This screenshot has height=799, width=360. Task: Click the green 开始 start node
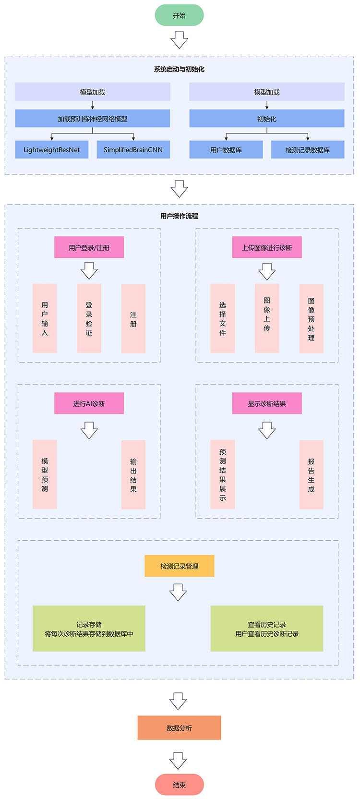point(179,15)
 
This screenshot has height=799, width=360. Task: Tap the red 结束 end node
point(179,785)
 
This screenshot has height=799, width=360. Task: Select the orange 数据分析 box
point(179,727)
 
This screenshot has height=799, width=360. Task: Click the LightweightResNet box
point(52,149)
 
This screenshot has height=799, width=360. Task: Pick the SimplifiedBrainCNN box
point(133,149)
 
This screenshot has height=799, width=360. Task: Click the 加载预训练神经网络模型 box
point(92,119)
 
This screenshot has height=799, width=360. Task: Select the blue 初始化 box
point(266,119)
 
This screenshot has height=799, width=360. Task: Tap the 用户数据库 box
point(226,149)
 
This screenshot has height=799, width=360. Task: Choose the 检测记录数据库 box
point(307,149)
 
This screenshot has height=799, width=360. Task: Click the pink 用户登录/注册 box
point(89,247)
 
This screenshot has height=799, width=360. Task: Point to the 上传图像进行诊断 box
point(267,247)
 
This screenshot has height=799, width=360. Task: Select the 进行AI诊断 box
point(89,403)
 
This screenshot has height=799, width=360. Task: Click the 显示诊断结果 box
point(267,403)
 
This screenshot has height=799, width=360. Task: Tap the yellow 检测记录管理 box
point(179,566)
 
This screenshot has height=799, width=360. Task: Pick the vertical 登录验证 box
point(89,318)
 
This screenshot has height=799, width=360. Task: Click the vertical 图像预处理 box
point(311,319)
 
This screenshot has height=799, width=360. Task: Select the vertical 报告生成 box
point(311,475)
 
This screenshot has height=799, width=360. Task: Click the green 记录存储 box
point(89,629)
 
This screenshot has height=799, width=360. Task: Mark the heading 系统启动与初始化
point(179,69)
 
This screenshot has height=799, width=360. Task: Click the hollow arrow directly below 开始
point(179,40)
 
